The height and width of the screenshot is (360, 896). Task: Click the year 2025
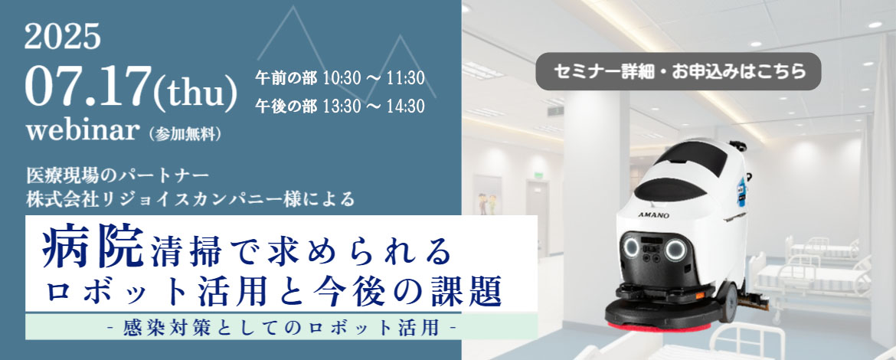(x=62, y=37)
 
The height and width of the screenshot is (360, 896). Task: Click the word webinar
(x=83, y=131)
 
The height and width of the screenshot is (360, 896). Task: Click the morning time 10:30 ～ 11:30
(x=373, y=78)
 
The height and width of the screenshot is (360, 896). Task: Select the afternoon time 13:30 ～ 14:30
(x=373, y=106)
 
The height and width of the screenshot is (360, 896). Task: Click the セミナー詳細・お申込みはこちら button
(x=679, y=71)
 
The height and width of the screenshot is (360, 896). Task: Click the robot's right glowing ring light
(x=675, y=250)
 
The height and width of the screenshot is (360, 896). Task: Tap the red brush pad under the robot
(x=659, y=327)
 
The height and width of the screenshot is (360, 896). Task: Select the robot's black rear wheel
(x=727, y=302)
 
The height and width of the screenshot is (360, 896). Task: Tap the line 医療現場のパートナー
(x=118, y=173)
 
